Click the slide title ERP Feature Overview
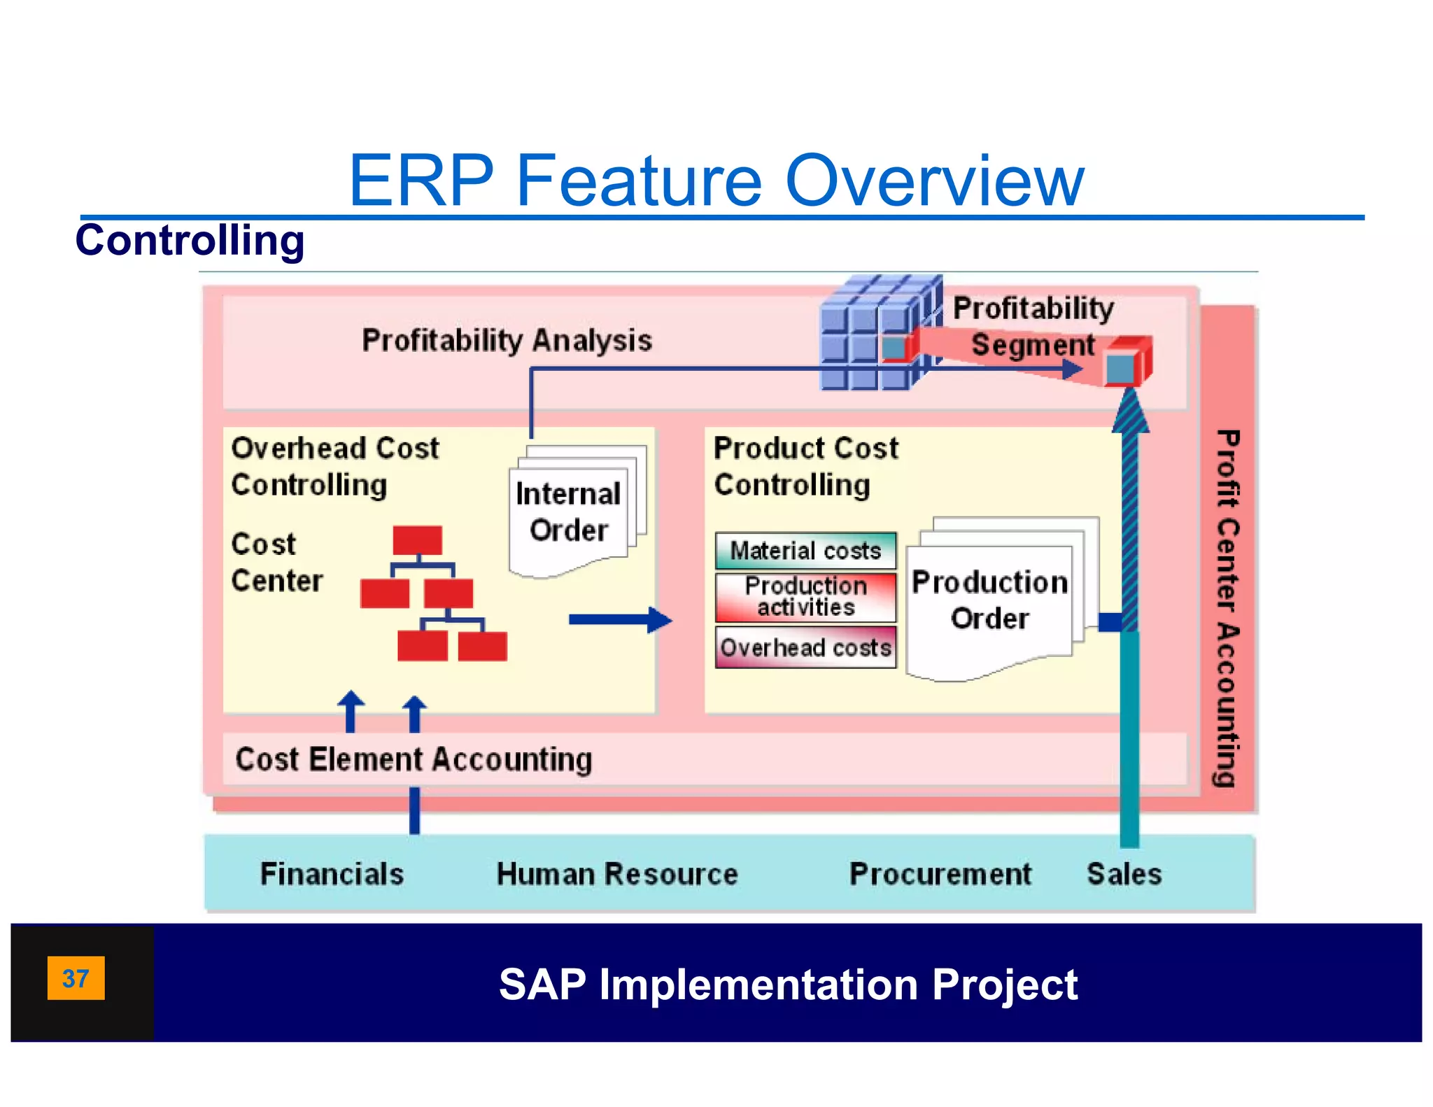[716, 181]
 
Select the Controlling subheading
[190, 240]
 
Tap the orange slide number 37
[76, 978]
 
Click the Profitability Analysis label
[507, 341]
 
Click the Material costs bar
[805, 551]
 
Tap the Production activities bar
[805, 597]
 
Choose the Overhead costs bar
[805, 647]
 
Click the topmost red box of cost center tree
[417, 540]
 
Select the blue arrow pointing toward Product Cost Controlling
[619, 619]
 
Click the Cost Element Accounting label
[414, 759]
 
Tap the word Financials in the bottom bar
[332, 874]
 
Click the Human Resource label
[616, 874]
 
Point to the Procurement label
[940, 874]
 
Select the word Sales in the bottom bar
[1124, 874]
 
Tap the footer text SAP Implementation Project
[788, 985]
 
